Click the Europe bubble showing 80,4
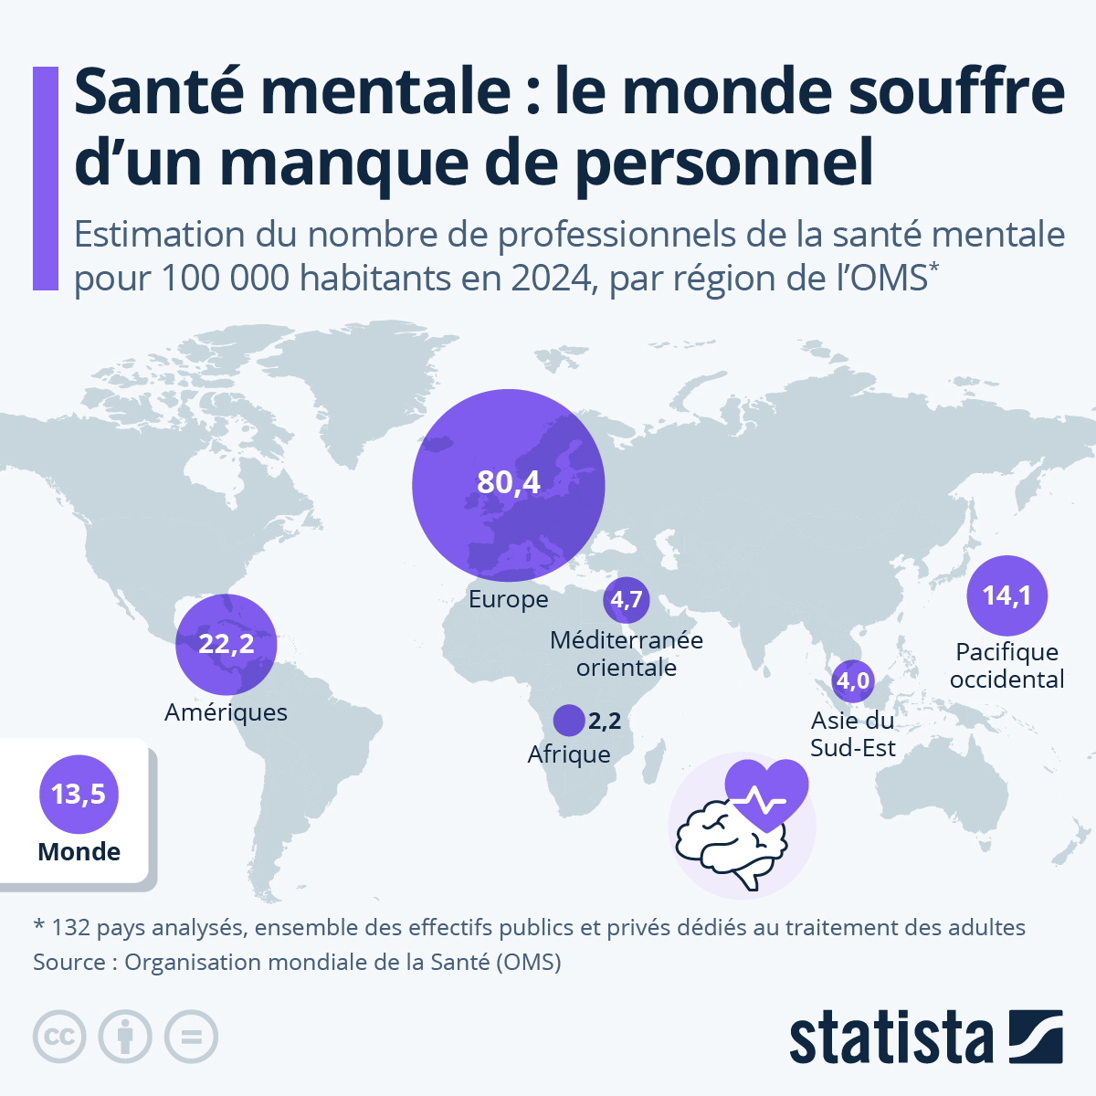(508, 484)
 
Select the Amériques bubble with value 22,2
(226, 644)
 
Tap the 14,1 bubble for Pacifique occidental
(1006, 595)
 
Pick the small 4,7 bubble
(627, 600)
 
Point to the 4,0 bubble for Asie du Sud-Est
(853, 680)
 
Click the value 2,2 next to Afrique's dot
(605, 722)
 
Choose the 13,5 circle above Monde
(79, 795)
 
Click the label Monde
(79, 852)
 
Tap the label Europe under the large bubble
(509, 599)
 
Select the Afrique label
(569, 754)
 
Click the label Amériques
(226, 712)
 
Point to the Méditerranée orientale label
(627, 654)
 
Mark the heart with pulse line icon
(766, 793)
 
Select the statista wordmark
(890, 1038)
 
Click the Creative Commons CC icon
(59, 1038)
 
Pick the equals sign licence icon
(191, 1038)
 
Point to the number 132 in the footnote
(70, 928)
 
